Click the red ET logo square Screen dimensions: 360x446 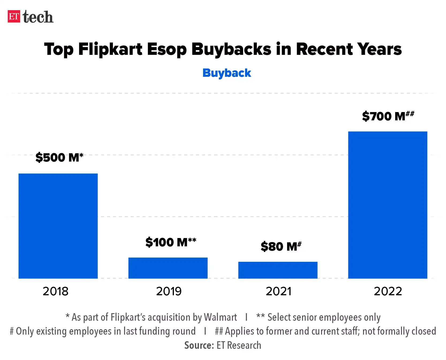[14, 17]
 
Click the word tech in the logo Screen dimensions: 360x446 [38, 17]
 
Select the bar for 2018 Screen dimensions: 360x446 [58, 226]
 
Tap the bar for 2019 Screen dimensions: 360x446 [168, 268]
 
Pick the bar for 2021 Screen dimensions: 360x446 [278, 270]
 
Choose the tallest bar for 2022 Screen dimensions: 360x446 [387, 205]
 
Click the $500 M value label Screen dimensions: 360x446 [59, 157]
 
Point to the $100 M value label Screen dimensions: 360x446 [171, 242]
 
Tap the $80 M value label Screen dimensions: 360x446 [281, 246]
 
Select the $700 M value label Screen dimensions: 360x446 [388, 116]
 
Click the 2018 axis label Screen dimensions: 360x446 [56, 291]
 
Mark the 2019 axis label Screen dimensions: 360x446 [169, 291]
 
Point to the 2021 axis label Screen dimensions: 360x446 [279, 291]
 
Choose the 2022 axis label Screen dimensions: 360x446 [388, 291]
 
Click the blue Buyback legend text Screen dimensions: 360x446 [227, 73]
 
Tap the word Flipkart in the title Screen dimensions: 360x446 [110, 49]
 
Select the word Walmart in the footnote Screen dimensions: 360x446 [220, 317]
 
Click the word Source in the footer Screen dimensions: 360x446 [199, 345]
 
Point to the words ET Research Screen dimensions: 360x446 [239, 345]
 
